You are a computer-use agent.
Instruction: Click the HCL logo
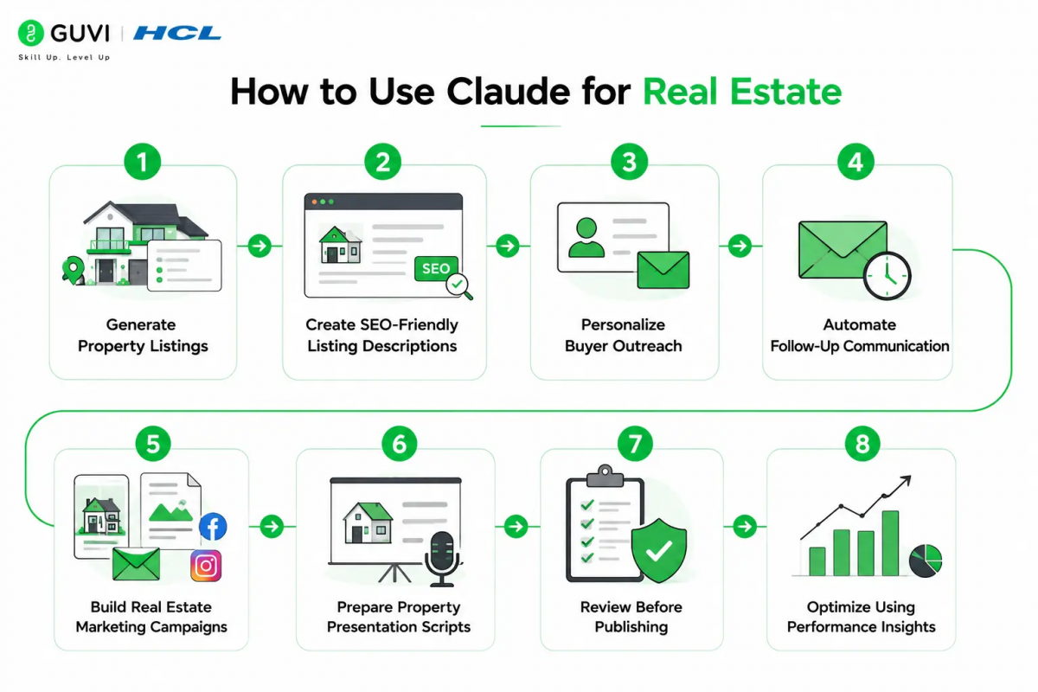177,34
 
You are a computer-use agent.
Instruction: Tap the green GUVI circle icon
31,33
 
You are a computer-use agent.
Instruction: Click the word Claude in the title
509,92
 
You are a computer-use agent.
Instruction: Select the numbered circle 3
629,162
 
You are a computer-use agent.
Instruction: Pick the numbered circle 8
862,444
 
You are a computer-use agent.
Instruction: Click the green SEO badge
436,268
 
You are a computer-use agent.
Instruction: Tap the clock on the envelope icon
887,276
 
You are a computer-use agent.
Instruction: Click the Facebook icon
213,527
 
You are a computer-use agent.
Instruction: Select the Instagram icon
206,566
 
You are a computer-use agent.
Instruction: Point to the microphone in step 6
442,559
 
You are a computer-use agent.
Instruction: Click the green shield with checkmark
659,550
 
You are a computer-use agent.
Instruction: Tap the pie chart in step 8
926,561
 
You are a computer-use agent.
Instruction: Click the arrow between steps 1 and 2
259,246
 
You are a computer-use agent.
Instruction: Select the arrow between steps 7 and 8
745,527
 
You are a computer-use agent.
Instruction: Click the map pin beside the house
73,269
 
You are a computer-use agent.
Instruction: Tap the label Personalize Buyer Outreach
624,335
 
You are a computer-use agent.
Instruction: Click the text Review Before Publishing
631,617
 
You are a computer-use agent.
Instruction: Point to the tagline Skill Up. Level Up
64,57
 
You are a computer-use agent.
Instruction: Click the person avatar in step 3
586,237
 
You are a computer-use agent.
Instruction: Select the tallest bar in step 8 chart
890,543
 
